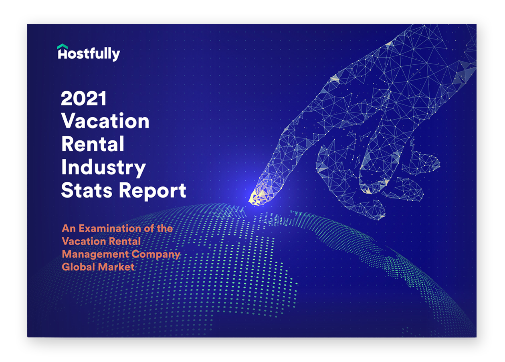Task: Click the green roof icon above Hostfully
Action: (x=63, y=46)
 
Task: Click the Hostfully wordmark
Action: (x=89, y=54)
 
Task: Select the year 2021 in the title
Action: (x=84, y=98)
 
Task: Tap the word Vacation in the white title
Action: (x=105, y=121)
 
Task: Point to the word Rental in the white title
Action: (x=93, y=144)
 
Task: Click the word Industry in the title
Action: (x=103, y=168)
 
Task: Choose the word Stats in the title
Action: (x=87, y=190)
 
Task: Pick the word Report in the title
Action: (x=153, y=191)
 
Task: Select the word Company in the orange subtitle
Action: (x=156, y=255)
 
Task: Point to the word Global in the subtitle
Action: (x=79, y=267)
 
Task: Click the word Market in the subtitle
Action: (x=116, y=267)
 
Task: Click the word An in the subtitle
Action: (x=69, y=228)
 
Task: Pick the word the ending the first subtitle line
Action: (x=165, y=228)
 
